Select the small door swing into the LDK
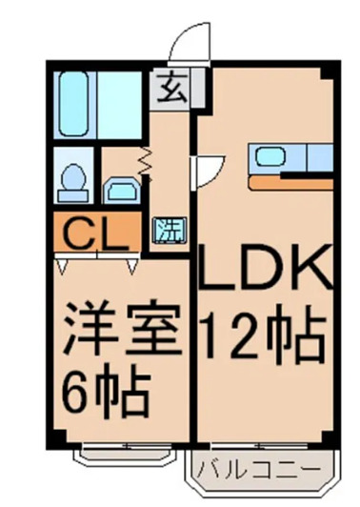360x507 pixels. coord(203,171)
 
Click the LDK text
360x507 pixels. coord(265,270)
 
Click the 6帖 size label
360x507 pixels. coord(105,388)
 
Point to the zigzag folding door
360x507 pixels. coord(145,164)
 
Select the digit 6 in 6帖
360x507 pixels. coord(77,388)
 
